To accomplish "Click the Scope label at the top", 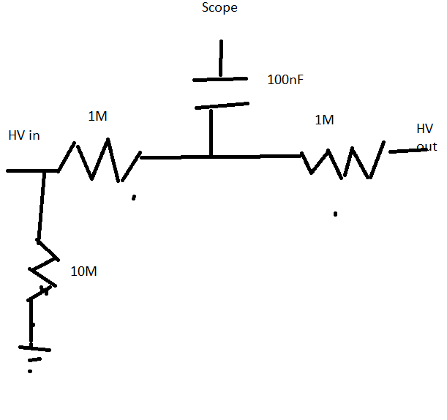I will point(219,9).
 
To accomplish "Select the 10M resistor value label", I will point(83,271).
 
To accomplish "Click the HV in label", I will point(24,135).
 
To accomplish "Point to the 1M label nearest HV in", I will point(98,116).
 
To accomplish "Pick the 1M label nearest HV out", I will point(325,120).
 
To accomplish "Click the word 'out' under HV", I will point(427,146).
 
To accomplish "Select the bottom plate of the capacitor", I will point(221,106).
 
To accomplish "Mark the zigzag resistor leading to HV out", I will point(344,162).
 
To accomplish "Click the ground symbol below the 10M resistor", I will point(30,352).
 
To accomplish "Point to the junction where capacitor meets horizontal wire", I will point(211,156).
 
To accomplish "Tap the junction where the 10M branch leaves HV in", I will point(45,171).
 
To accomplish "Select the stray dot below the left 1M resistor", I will point(133,198).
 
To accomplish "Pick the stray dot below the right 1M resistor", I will point(335,214).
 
